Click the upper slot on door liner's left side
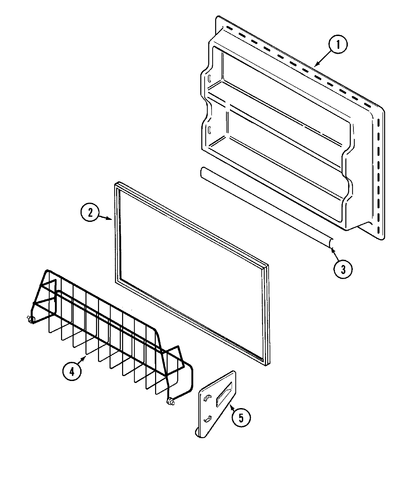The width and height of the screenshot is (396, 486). tap(209, 78)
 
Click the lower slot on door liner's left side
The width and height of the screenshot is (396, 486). tap(209, 129)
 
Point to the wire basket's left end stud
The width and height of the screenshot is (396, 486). tap(29, 319)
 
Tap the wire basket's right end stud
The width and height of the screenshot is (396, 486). tap(171, 402)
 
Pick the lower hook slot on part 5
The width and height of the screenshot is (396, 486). tap(207, 419)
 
